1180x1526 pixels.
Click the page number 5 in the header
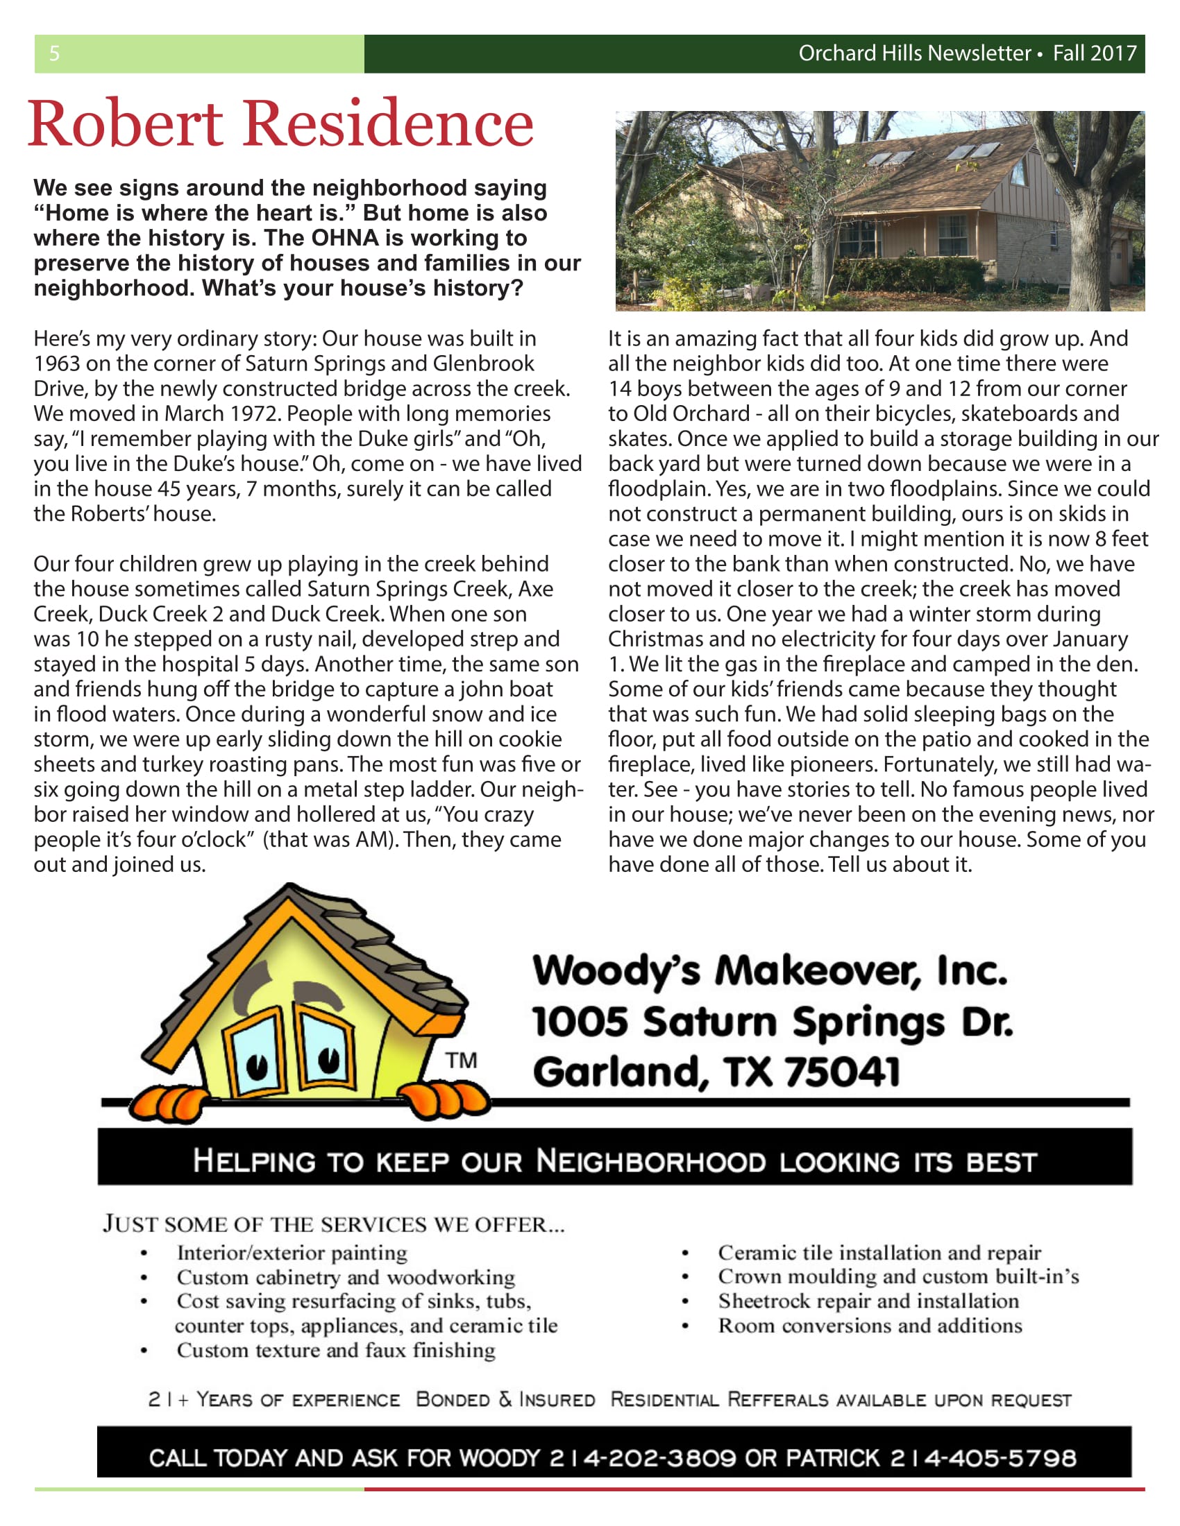(x=55, y=53)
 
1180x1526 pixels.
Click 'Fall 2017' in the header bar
(x=1095, y=53)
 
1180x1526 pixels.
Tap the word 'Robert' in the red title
(x=125, y=123)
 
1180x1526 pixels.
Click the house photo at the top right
(x=879, y=210)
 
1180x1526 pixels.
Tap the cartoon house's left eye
(x=258, y=1066)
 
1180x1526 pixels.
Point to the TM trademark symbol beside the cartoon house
(x=462, y=1061)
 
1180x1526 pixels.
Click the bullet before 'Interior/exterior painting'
(x=144, y=1253)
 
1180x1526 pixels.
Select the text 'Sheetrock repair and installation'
(x=868, y=1301)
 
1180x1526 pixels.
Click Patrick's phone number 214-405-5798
(x=983, y=1458)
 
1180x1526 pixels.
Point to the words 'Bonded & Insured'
(x=505, y=1400)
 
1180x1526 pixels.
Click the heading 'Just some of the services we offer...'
(x=333, y=1224)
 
